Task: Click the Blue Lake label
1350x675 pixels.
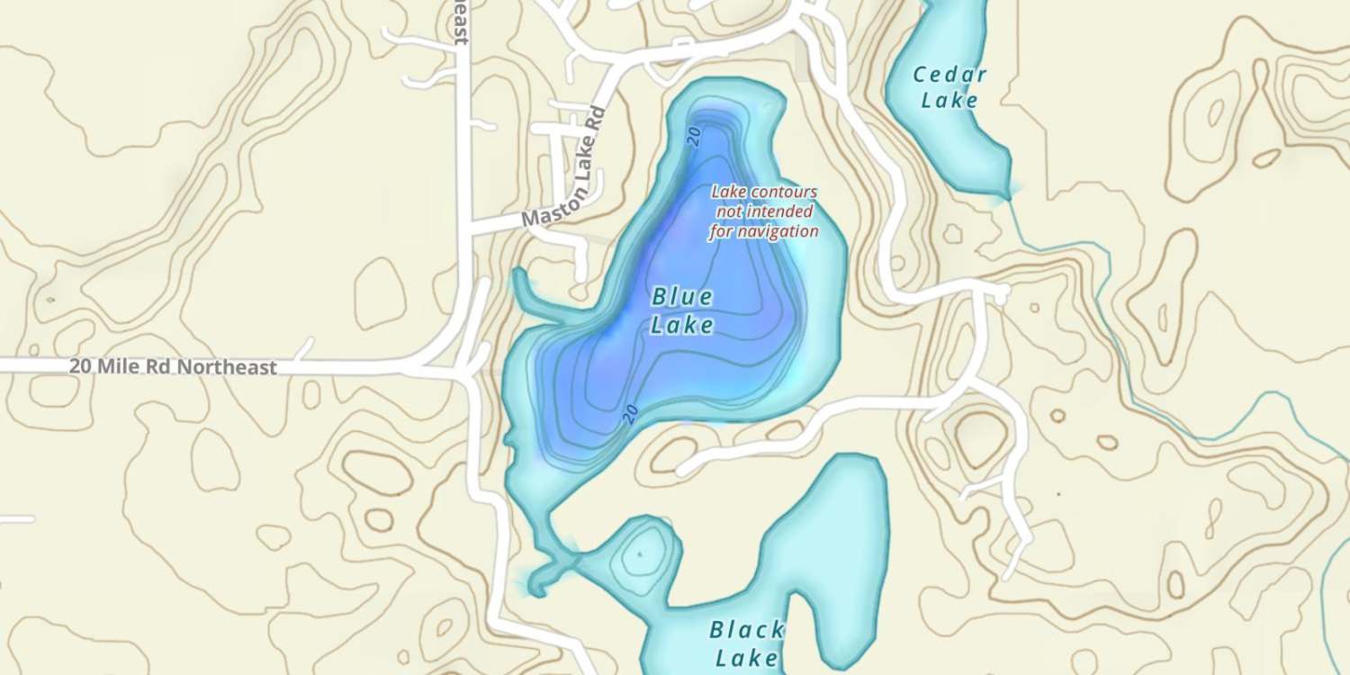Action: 682,310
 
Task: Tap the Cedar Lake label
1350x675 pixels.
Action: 949,87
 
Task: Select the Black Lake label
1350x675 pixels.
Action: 746,643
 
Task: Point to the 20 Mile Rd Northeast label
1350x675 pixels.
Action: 173,367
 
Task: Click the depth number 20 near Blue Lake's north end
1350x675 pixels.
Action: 694,136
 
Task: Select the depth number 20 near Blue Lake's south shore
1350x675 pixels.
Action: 631,413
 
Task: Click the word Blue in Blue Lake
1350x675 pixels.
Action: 682,296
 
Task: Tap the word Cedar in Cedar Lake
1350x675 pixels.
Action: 949,75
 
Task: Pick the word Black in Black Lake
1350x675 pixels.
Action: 746,629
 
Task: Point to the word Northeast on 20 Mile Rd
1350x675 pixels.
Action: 227,367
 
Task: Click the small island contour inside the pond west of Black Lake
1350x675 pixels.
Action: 640,553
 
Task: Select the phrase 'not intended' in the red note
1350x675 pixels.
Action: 764,211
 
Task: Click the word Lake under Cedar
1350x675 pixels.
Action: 949,100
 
